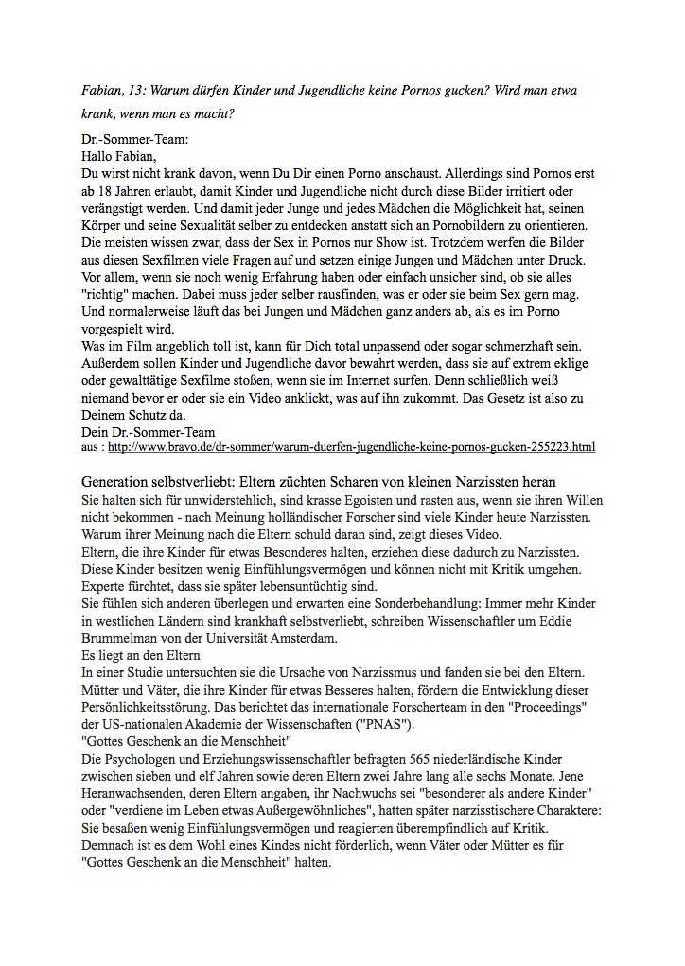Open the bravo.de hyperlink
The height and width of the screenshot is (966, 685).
365,445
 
